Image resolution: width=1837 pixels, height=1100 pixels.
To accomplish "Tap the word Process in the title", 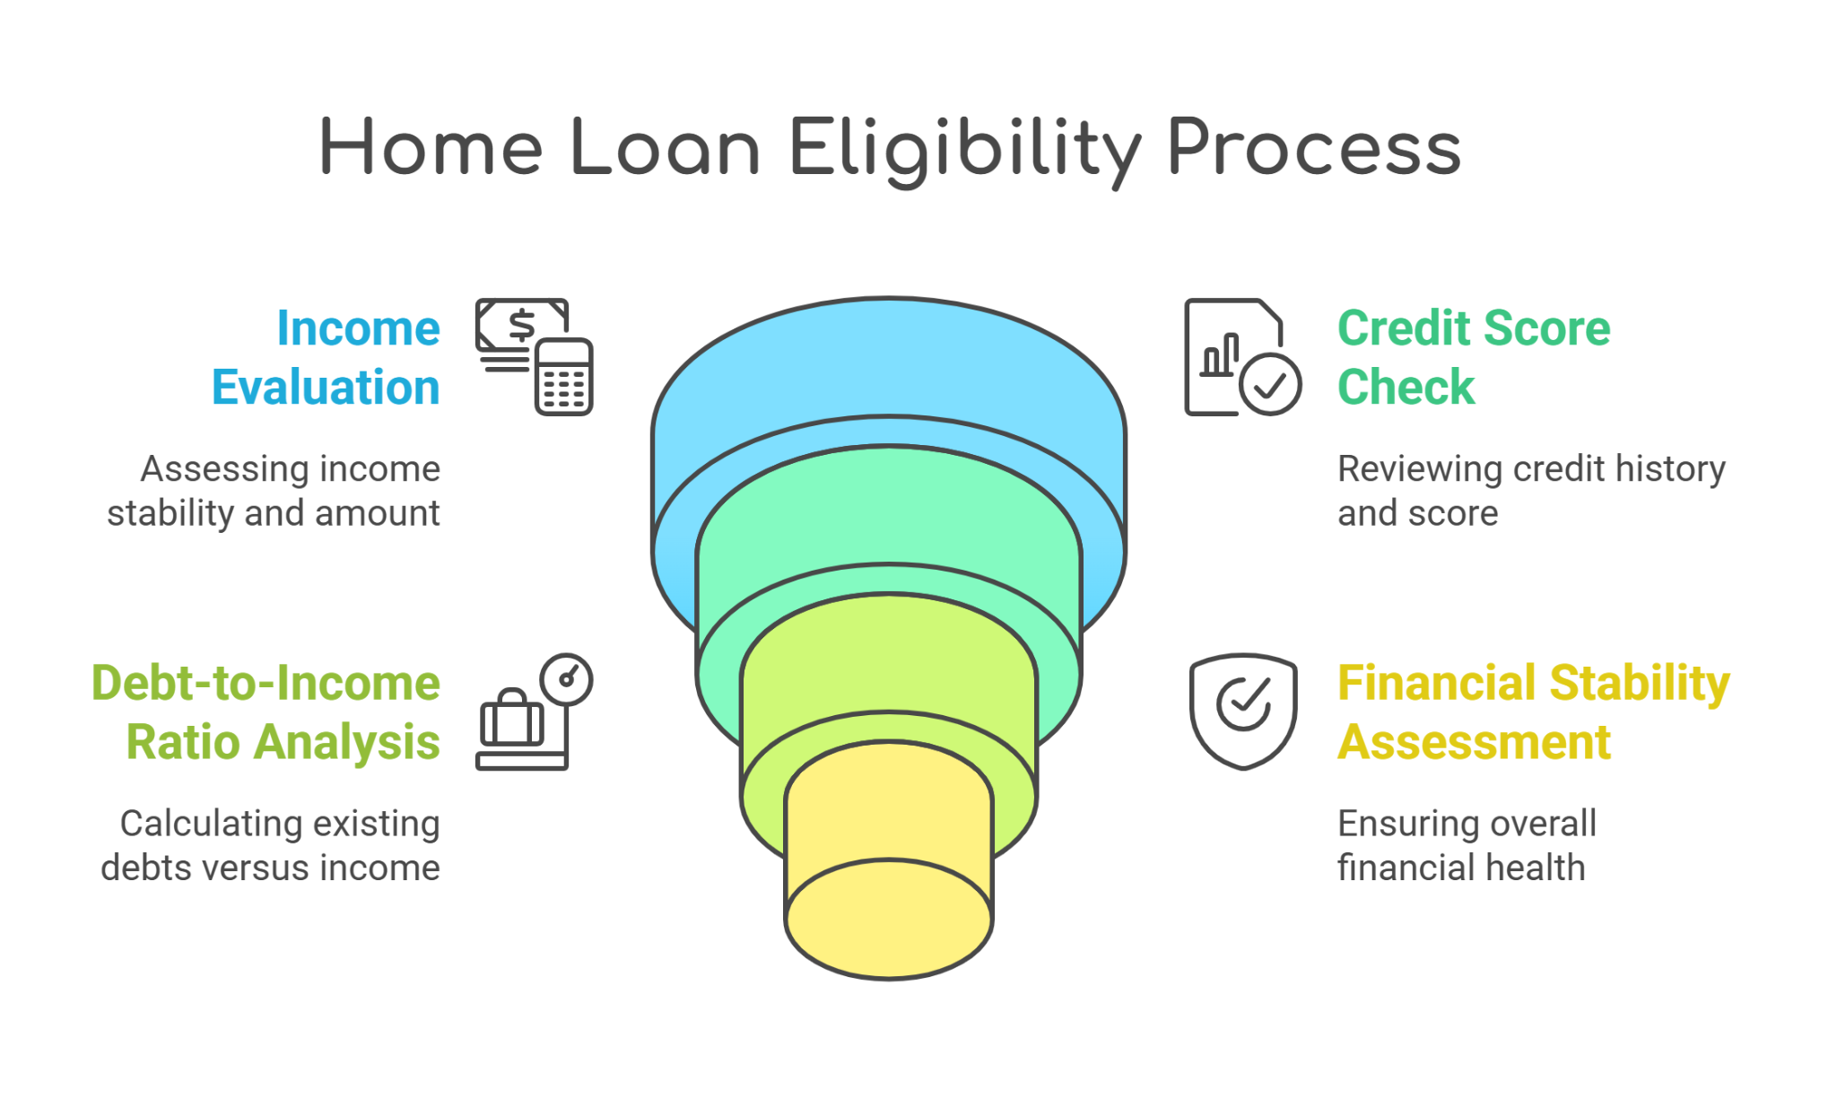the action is pos(1314,147).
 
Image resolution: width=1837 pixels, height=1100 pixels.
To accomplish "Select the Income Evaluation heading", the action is pos(326,357).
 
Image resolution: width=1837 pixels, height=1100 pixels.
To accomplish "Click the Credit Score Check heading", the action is pos(1474,357).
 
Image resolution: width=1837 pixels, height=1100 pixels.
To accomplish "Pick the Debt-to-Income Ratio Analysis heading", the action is pos(266,712).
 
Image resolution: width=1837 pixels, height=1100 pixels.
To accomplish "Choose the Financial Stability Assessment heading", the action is pos(1534,712).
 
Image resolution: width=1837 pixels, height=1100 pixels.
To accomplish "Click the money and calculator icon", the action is pos(535,357).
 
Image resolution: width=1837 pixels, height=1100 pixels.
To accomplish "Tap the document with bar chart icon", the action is pos(1243,357).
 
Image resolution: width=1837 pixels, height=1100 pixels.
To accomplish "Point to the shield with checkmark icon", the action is pos(1243,712).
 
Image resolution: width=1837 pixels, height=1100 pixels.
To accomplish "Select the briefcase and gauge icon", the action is pos(535,712).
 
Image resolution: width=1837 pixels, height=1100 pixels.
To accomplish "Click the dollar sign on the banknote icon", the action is pos(522,325).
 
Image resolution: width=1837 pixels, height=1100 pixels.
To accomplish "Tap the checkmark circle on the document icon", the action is pos(1270,384).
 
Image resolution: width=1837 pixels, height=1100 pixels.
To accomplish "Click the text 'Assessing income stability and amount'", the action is pos(274,491).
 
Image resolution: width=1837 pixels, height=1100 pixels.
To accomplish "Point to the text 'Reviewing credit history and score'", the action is pos(1531,491).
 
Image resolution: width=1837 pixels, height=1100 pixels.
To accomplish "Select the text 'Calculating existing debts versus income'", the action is pos(270,845).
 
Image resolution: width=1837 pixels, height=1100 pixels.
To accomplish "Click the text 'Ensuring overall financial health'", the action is pos(1467,845).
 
